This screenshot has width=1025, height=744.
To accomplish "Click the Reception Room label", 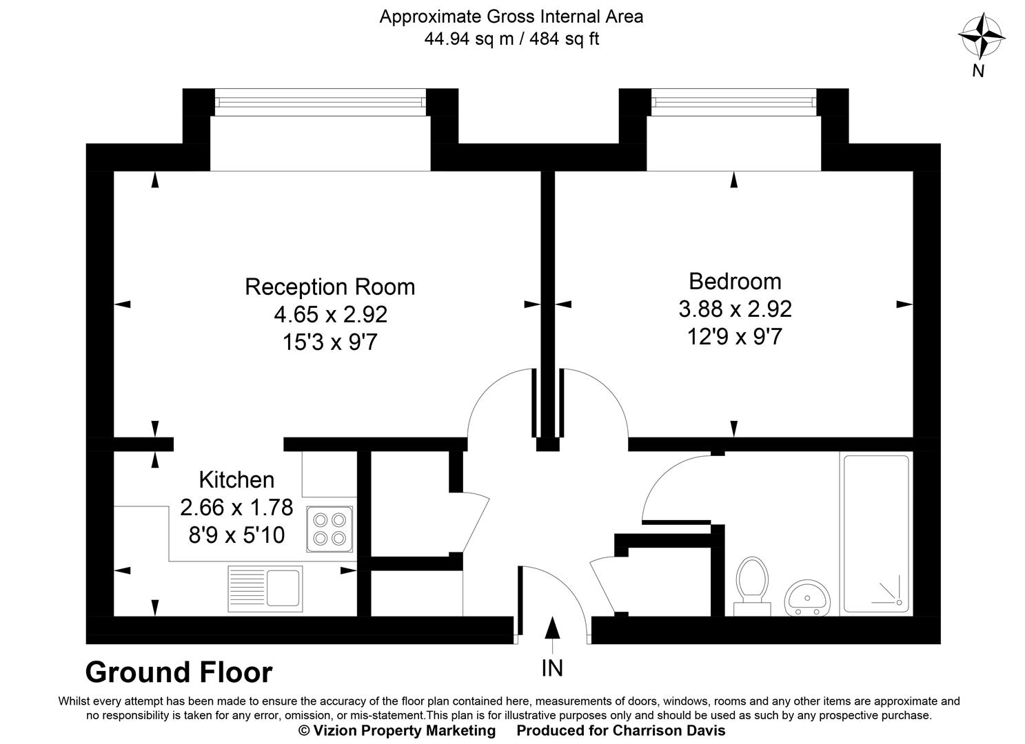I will pos(329,287).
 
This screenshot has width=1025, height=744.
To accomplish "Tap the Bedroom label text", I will pos(735,281).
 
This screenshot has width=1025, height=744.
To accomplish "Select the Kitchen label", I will pos(236,479).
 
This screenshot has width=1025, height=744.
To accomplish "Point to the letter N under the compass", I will pos(977,70).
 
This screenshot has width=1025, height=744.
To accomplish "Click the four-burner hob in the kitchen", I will pos(330,528).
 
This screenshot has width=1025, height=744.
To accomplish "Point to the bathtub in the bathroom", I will pos(875,534).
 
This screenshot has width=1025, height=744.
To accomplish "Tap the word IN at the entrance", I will pos(552,668).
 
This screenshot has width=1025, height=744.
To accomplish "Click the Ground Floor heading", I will pos(179,672).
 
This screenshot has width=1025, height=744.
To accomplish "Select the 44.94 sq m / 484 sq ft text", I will pos(511,39).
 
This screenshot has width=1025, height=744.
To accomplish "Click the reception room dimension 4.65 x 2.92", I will pos(330,315).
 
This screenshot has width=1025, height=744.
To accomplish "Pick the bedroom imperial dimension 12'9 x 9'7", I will pos(735,337).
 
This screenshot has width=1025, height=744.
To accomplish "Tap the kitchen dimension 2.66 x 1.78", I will pos(236,508).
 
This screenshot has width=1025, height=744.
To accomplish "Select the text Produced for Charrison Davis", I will pos(621,730).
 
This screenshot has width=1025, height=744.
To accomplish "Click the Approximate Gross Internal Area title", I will pos(511,17).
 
